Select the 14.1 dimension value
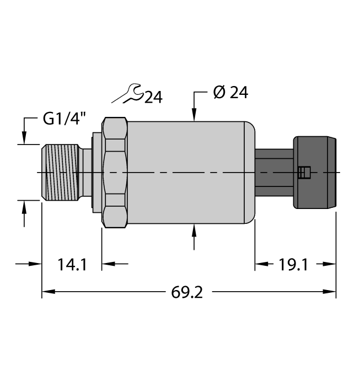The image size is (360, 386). point(72,265)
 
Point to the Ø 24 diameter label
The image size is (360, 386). point(230,93)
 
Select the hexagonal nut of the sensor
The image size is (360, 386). point(115,173)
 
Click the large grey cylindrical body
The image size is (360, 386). point(187,173)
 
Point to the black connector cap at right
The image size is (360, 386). point(314,173)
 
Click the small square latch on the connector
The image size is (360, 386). point(302,173)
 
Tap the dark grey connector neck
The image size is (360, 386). point(274,173)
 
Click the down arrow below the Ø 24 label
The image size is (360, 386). point(194,115)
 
